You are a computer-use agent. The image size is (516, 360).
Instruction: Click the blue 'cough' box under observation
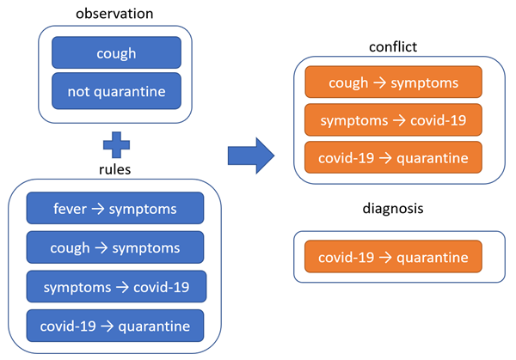pos(116,52)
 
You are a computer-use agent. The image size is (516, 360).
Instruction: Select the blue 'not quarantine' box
pos(116,90)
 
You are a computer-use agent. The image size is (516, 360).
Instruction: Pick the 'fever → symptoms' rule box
pos(115,208)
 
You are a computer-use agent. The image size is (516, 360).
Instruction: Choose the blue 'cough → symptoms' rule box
pos(115,247)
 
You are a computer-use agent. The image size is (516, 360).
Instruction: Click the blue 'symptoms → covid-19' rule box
pos(115,286)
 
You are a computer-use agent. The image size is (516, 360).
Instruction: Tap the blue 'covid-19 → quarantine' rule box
pos(115,326)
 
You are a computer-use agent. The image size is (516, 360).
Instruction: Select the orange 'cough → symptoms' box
pos(392,82)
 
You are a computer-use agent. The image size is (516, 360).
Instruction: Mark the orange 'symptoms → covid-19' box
pos(392,120)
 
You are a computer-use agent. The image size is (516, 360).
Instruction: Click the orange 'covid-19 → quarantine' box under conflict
pos(392,158)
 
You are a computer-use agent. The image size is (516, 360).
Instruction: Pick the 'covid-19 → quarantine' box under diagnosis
pos(392,257)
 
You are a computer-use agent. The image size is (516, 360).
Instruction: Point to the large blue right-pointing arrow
pos(250,156)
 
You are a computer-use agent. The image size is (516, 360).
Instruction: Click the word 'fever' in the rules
pos(71,208)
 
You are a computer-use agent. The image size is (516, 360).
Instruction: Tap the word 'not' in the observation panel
pos(76,90)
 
